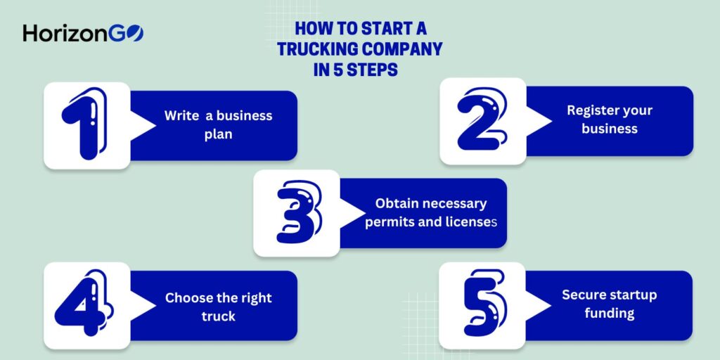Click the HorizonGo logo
(83, 33)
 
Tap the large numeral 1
(86, 125)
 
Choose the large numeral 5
(483, 305)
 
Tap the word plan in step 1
(218, 134)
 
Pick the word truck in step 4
(218, 316)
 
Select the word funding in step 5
(609, 313)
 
